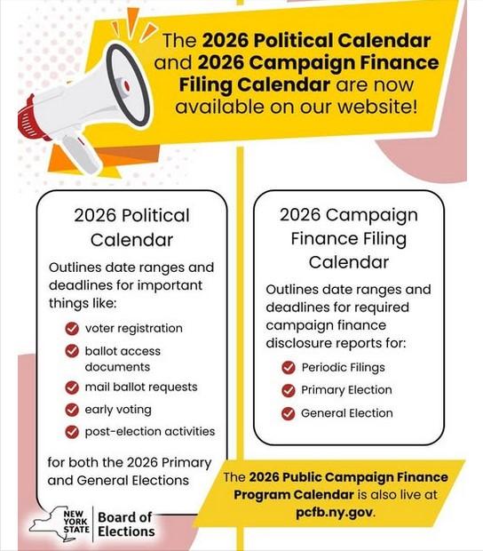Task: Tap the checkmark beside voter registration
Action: click(72, 328)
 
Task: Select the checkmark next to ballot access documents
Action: click(72, 351)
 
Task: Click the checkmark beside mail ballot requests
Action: click(72, 387)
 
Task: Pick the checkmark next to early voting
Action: click(72, 410)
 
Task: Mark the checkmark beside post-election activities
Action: click(72, 432)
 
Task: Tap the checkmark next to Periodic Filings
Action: click(288, 368)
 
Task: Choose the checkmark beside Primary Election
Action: click(288, 390)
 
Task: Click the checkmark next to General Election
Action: click(288, 413)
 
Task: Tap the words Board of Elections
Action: click(125, 524)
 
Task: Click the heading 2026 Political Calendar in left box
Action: click(131, 228)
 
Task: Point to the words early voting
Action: click(118, 410)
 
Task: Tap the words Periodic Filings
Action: click(343, 368)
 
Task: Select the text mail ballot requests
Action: click(141, 387)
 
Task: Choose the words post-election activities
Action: click(150, 432)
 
